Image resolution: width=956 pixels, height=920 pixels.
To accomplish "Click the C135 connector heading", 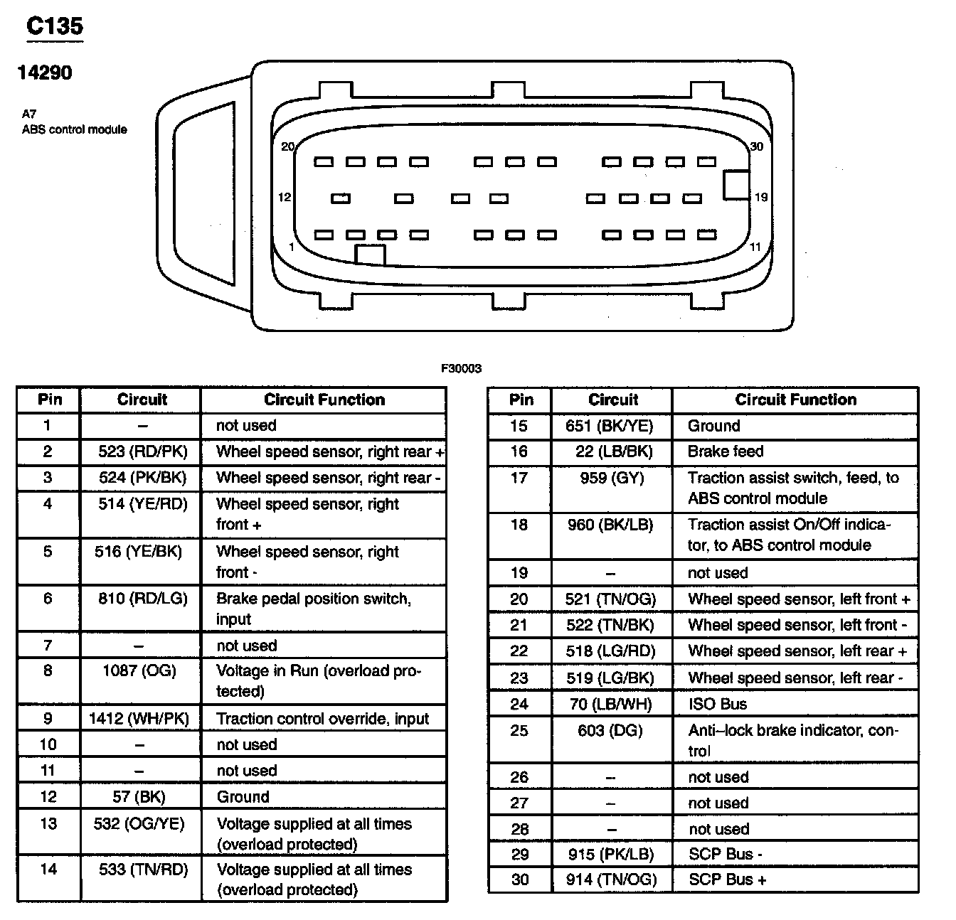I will (55, 26).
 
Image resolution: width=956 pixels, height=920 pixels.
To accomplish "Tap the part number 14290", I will (44, 73).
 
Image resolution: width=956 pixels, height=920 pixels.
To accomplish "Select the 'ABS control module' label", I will (74, 129).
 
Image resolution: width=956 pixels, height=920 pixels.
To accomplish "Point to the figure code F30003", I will (461, 368).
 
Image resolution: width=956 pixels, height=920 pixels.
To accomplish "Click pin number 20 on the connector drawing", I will (287, 146).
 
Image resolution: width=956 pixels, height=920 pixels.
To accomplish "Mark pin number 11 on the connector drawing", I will (755, 247).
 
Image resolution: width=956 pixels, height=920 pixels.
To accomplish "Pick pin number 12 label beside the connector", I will (285, 197).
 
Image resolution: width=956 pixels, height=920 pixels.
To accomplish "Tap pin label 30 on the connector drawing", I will (756, 146).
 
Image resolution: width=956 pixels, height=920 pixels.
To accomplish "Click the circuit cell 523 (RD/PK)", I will (142, 451).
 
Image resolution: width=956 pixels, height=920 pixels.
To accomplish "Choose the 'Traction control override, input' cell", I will (323, 719).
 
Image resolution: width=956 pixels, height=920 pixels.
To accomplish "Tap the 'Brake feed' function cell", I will (726, 451).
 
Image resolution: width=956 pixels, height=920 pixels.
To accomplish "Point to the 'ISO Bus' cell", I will (717, 705).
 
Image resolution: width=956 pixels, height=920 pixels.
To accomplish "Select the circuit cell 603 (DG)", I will (610, 730).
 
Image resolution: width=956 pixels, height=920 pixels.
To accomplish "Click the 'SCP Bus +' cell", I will (727, 879).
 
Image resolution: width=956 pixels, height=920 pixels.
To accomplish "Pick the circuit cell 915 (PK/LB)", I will (610, 854).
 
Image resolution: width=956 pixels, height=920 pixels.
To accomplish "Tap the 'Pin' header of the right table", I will (521, 400).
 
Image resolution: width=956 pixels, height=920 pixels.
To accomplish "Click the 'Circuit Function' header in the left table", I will (324, 400).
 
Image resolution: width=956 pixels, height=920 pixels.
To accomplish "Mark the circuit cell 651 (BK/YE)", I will (610, 426).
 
